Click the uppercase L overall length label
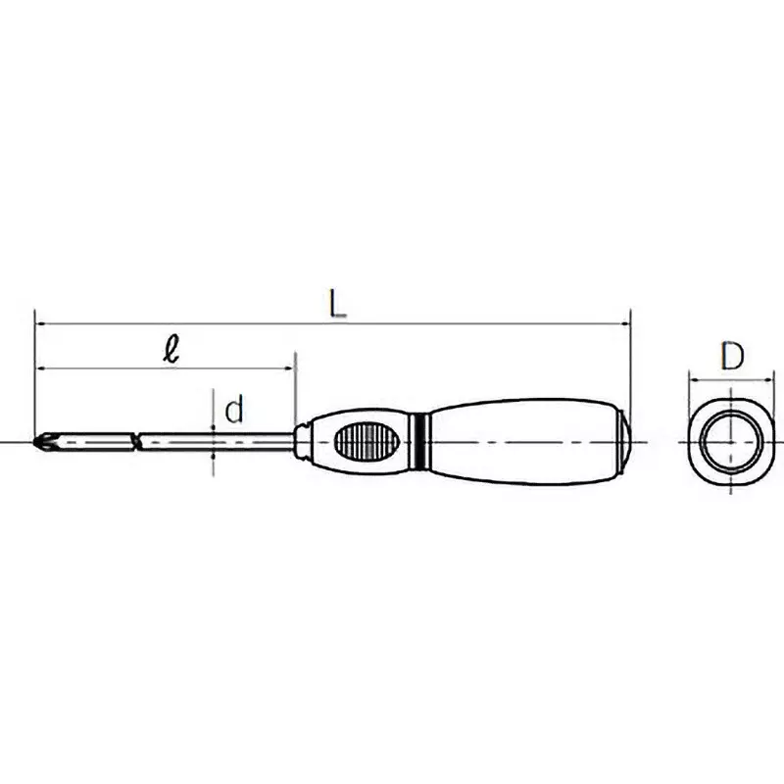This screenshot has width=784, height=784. click(x=337, y=304)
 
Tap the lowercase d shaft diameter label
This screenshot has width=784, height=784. click(x=233, y=409)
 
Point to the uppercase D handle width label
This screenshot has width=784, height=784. click(x=731, y=357)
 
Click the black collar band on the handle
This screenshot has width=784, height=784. click(x=421, y=442)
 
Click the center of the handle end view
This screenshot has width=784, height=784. click(x=731, y=442)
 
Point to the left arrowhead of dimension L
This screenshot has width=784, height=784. click(x=39, y=322)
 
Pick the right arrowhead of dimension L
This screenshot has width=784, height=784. click(x=625, y=322)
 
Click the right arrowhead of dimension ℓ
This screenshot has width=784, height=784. click(x=290, y=368)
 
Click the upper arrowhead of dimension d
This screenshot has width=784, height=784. click(x=213, y=429)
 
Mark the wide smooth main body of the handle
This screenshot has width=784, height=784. click(x=519, y=442)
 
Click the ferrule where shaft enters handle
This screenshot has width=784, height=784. click(x=304, y=442)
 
